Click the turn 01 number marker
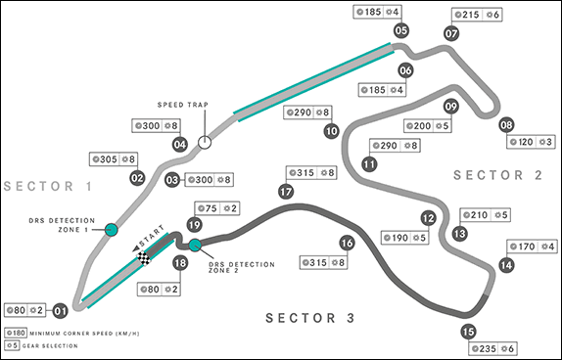pos(61,310)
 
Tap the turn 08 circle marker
pos(506,125)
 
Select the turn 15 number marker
pos(468,332)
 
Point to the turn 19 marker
pos(195,225)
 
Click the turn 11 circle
pos(369,164)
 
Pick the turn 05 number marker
pos(401,30)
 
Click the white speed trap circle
pos(205,142)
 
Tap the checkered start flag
pos(144,258)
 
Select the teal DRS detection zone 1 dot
pos(111,229)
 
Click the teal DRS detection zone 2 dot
pos(195,246)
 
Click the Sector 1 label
pos(48,186)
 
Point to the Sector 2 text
pos(497,175)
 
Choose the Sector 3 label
pos(310,318)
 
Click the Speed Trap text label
pos(183,105)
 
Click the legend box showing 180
pos(16,334)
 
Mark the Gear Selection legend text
pos(50,346)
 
